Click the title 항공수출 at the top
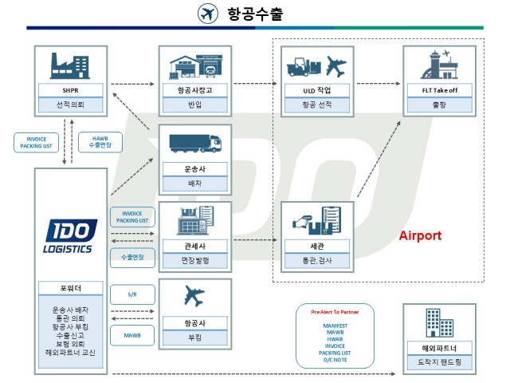tap(254, 14)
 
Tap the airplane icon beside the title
tap(208, 14)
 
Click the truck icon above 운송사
tap(195, 143)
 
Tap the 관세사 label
tap(195, 247)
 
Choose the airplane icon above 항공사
tap(194, 297)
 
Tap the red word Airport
tap(420, 236)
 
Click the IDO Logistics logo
tap(71, 236)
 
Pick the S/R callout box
tap(131, 294)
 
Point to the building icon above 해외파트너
tap(441, 324)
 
